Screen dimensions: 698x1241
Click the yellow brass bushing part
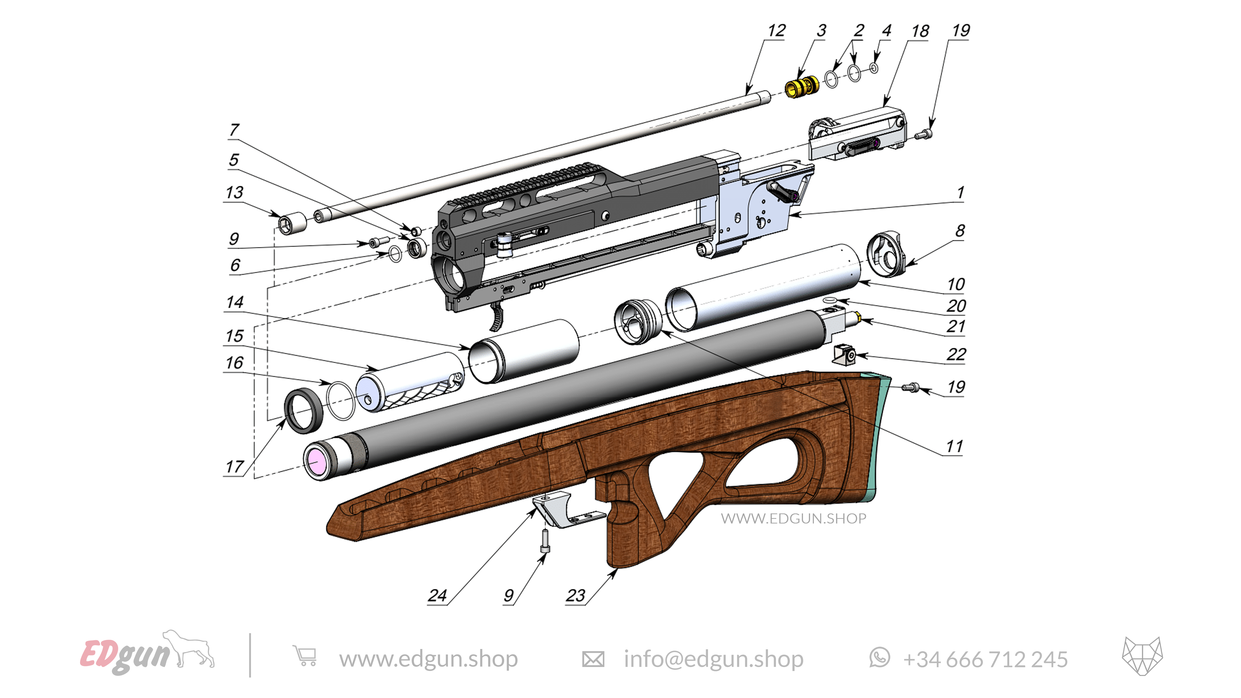(801, 87)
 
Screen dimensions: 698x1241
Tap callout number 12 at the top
(776, 31)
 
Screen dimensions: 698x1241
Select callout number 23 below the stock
(575, 596)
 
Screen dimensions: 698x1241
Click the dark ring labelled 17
(303, 410)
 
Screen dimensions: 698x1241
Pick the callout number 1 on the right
(960, 193)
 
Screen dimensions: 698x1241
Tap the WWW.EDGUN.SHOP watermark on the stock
(793, 518)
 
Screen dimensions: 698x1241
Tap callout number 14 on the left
(235, 302)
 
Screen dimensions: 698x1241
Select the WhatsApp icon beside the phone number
(879, 658)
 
